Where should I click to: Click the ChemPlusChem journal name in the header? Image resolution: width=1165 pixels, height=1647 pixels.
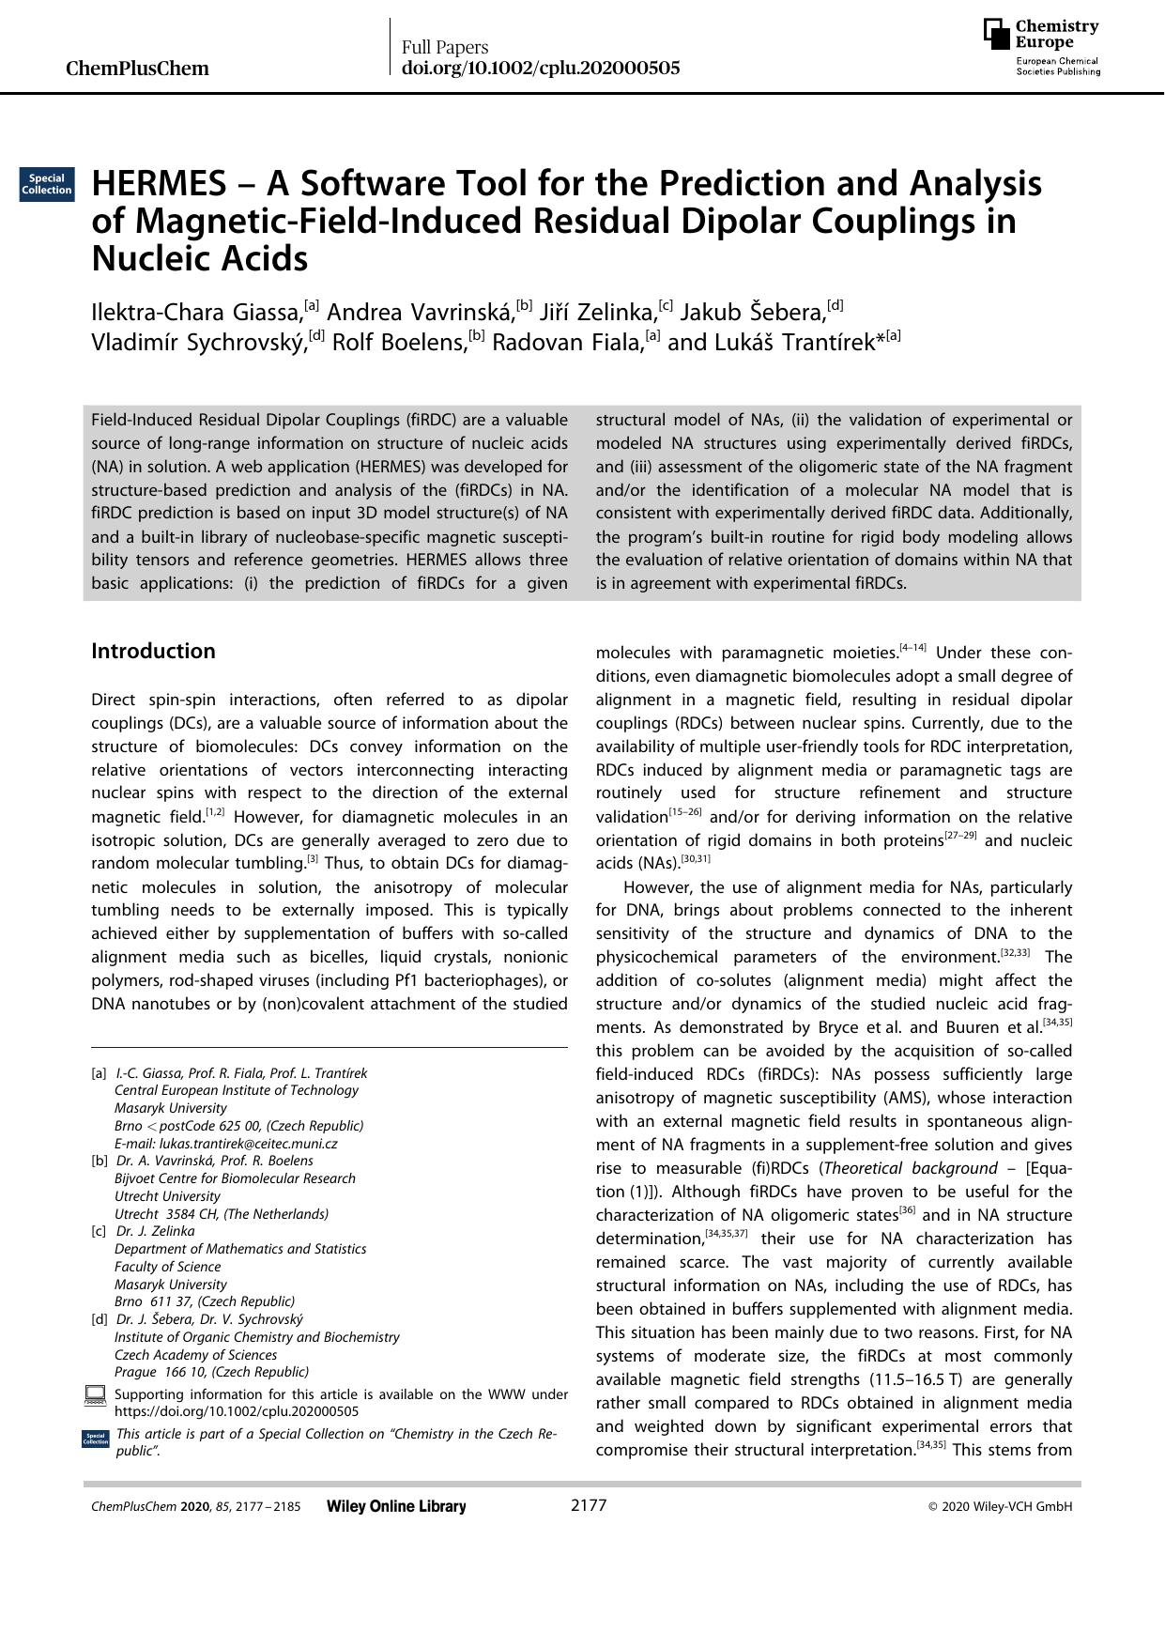pos(138,69)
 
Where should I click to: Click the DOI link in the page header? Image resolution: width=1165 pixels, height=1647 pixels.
pos(540,69)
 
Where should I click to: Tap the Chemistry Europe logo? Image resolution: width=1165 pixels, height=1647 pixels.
pos(1041,46)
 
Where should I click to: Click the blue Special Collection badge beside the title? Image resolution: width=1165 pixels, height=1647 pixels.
pos(47,184)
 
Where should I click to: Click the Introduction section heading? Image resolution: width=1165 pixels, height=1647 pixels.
pos(153,652)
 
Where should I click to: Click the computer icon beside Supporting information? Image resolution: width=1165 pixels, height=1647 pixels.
pos(95,1395)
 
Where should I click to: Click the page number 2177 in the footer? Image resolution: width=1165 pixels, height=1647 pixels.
pos(589,1506)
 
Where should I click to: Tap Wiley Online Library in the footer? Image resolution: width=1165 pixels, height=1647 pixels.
pos(396,1507)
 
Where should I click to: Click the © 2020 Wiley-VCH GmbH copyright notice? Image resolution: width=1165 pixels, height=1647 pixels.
pos(1000,1507)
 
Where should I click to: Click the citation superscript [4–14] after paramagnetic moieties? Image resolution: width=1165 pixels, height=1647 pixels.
pos(912,648)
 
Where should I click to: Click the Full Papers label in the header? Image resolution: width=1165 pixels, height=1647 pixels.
pos(445,47)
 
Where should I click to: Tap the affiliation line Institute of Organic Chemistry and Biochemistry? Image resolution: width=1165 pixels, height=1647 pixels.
pos(256,1337)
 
